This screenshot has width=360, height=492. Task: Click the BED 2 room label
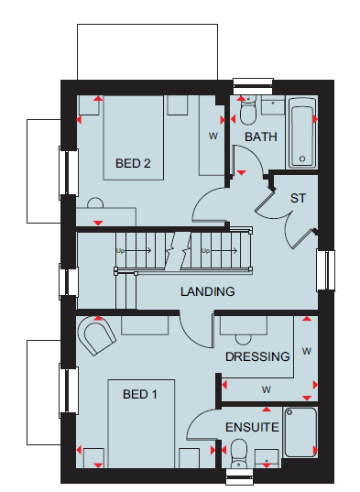(133, 163)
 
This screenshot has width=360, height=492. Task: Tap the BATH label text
(261, 137)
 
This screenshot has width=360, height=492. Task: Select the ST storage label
(298, 198)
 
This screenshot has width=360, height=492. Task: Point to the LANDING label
(208, 291)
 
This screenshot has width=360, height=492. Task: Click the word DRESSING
(257, 356)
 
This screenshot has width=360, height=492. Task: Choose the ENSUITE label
(252, 427)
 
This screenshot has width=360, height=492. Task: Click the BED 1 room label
(140, 394)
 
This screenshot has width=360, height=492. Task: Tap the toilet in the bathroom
(247, 111)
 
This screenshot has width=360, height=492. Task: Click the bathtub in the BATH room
(302, 133)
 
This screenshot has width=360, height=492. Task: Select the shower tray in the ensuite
(300, 432)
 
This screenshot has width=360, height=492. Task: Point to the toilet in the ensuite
(239, 453)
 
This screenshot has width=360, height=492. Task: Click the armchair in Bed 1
(96, 335)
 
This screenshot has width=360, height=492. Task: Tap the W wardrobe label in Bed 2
(213, 137)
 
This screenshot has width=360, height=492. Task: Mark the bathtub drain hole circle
(302, 159)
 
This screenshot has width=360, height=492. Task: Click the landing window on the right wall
(326, 270)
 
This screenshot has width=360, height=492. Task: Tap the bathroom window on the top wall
(253, 86)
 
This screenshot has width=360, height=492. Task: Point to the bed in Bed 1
(141, 423)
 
